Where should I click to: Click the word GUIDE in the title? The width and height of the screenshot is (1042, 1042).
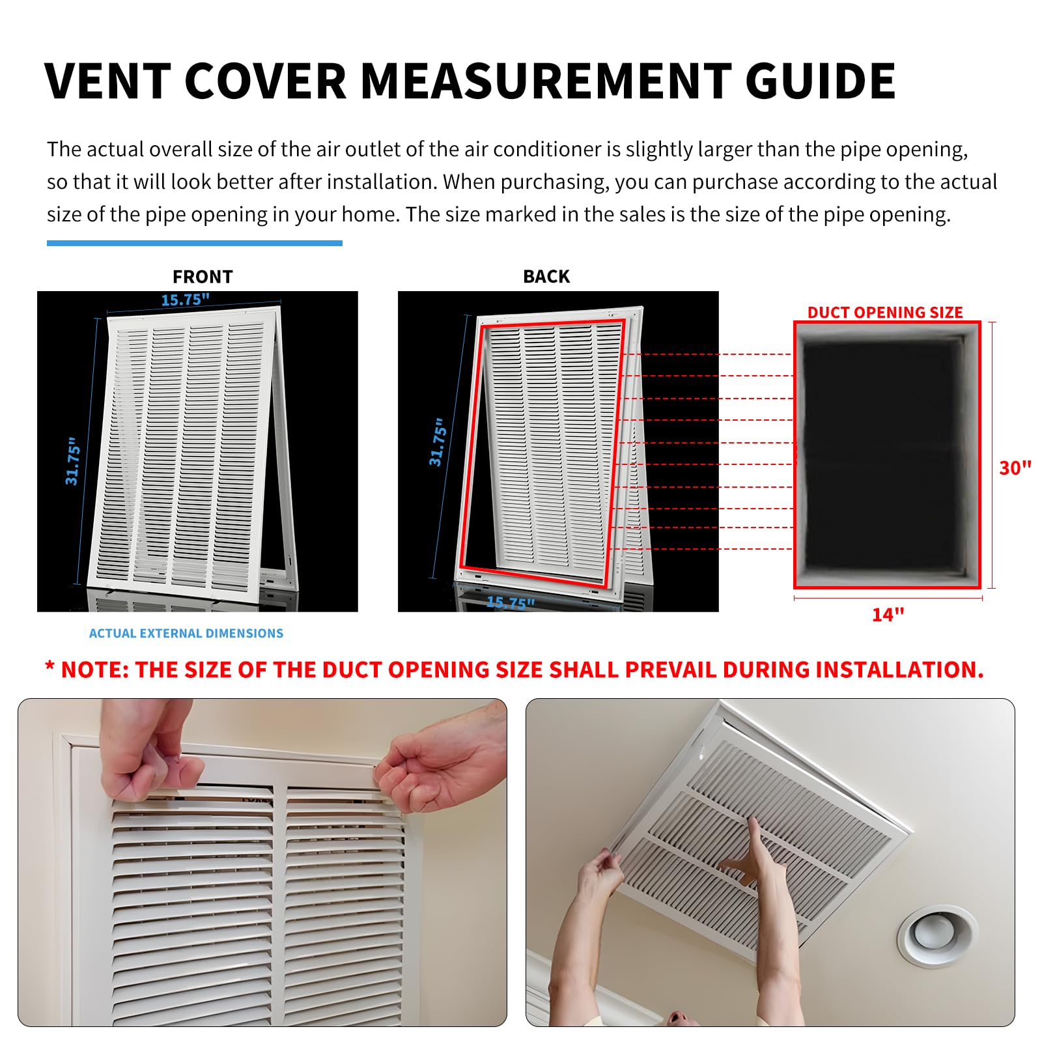[x=821, y=81]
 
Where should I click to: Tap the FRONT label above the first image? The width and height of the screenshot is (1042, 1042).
[x=203, y=277]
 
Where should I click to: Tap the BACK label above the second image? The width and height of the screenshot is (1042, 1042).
[x=546, y=277]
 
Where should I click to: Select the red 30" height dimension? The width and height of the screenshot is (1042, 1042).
[x=1015, y=468]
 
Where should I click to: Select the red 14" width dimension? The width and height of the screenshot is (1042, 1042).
[x=888, y=615]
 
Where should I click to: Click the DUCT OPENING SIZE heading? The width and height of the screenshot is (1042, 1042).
[x=885, y=313]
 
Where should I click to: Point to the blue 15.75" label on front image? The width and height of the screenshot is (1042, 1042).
[x=186, y=300]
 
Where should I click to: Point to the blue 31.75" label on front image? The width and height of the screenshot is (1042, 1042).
[x=73, y=461]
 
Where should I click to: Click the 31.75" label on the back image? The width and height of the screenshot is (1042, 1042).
[x=438, y=443]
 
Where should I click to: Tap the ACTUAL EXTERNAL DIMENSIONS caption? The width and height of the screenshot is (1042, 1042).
[x=186, y=633]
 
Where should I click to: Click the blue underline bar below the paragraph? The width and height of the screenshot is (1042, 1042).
[x=194, y=244]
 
